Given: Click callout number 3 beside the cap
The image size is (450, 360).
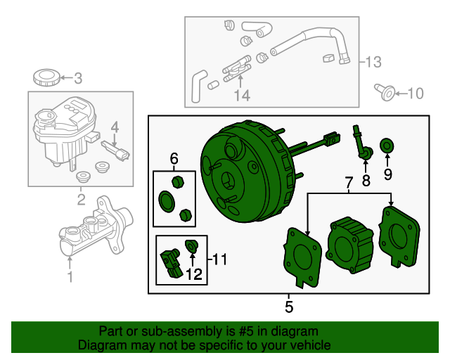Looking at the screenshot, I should (x=78, y=78).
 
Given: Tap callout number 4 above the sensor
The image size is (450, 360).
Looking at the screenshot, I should (x=116, y=127).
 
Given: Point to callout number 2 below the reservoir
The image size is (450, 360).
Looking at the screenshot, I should (x=81, y=200).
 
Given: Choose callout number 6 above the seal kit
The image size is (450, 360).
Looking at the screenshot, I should (x=174, y=159).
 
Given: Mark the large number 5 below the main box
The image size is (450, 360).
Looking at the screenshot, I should (x=289, y=307).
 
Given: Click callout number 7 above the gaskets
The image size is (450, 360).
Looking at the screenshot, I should (x=349, y=184).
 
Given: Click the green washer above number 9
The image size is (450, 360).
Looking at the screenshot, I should (x=387, y=146).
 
